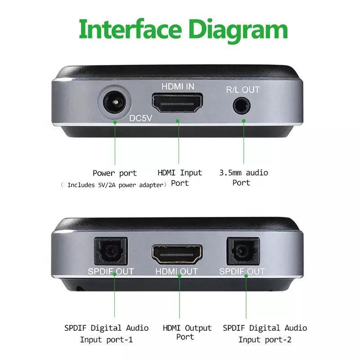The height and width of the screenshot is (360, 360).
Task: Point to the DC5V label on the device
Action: click(x=142, y=119)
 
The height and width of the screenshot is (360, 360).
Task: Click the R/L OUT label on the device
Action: click(x=243, y=90)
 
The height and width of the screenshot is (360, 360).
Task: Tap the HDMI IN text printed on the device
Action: click(x=178, y=86)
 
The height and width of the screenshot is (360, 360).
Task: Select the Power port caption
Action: click(x=115, y=173)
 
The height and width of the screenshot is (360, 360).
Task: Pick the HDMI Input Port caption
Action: click(x=180, y=178)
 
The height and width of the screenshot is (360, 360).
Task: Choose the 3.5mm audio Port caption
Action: click(x=243, y=177)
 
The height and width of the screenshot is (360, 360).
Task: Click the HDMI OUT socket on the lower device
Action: click(x=177, y=255)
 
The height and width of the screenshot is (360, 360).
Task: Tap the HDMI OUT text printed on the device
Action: click(x=177, y=272)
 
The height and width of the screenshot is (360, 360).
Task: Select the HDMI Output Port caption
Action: click(x=179, y=332)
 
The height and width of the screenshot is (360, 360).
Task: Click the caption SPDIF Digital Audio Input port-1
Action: click(x=106, y=333)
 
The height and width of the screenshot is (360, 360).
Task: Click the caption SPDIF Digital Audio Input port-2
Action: click(x=265, y=333)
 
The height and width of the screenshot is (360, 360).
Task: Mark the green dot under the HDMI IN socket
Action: click(x=178, y=121)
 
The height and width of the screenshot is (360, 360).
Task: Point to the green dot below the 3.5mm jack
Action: click(x=243, y=121)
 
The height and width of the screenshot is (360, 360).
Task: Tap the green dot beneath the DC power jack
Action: click(x=115, y=121)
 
